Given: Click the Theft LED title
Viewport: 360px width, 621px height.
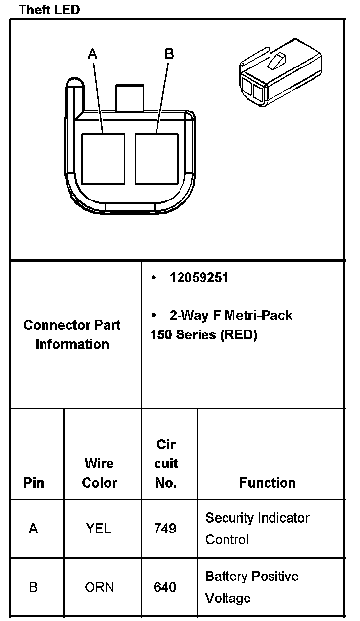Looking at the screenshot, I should coord(49,9).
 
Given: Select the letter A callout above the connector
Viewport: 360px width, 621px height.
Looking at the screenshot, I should coord(92,54).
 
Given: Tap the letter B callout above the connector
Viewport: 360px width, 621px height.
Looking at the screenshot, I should coord(169,54).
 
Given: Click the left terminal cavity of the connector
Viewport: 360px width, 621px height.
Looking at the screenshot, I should coord(103,159).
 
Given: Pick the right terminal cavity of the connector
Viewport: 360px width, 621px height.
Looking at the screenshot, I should coord(156,159).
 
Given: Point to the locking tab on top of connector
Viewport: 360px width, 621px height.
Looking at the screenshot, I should coord(130,97).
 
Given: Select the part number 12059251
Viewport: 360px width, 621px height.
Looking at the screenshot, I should coord(199,278).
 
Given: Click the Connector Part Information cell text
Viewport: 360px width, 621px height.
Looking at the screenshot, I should coord(72,334).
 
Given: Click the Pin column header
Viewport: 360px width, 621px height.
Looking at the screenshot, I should coord(34,483).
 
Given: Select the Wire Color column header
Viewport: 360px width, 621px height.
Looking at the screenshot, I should coord(99,473).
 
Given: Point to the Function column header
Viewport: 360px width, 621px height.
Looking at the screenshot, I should coord(267,483).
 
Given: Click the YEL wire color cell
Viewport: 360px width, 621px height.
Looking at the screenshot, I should coord(98,529).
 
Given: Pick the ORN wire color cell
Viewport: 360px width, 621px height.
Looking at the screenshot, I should coord(99,587).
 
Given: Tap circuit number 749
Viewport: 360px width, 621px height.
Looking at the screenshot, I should coord(165,529).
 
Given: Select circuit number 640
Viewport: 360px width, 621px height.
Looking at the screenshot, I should coord(165,587).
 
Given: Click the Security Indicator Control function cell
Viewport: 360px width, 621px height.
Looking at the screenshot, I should coord(257,529).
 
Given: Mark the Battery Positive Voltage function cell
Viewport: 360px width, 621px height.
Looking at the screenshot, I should coord(252,587).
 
